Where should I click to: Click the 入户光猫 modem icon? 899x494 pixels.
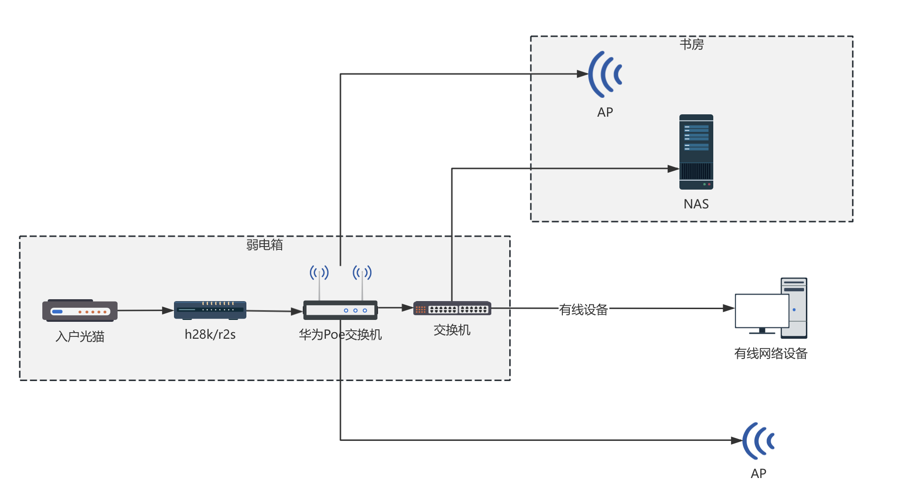[80, 311]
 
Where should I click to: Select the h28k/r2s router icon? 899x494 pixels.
[210, 310]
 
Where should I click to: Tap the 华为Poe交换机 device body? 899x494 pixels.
[340, 311]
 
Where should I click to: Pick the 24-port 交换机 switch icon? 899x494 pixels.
[452, 309]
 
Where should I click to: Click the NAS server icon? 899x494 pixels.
[696, 152]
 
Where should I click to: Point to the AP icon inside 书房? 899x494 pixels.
[606, 74]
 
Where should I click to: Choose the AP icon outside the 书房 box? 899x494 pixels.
[758, 441]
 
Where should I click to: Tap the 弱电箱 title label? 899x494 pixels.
[264, 245]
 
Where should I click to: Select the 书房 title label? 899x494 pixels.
[691, 45]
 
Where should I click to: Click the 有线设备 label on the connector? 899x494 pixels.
[583, 310]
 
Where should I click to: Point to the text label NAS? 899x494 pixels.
[696, 204]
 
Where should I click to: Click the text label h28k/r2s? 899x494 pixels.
[210, 335]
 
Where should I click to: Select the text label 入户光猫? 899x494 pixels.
[80, 336]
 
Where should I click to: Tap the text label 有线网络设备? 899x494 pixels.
[771, 354]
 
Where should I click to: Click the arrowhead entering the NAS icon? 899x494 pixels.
[673, 168]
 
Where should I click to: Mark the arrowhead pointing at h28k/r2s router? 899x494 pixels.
[168, 311]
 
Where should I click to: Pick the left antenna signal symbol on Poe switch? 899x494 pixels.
[319, 272]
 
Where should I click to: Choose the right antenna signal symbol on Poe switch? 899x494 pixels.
[362, 272]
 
